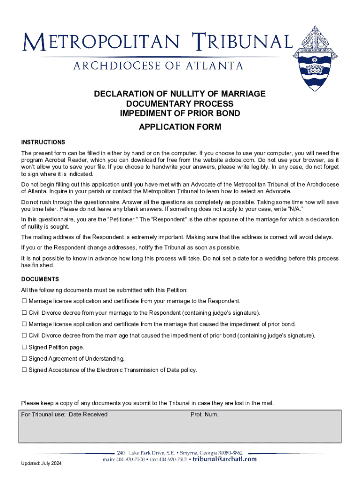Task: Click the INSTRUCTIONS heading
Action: [x=43, y=142]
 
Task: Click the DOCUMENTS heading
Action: [x=40, y=279]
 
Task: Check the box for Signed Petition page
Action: [x=24, y=348]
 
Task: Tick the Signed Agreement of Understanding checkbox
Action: [x=24, y=359]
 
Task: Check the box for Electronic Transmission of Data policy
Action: [x=24, y=370]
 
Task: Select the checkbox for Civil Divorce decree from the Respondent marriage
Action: [x=24, y=313]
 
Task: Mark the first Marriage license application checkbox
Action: [x=24, y=301]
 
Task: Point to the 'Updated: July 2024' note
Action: [x=41, y=464]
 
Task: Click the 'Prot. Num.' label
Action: [x=204, y=414]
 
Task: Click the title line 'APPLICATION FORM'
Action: [x=180, y=127]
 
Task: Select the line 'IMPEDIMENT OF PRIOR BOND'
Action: [x=180, y=113]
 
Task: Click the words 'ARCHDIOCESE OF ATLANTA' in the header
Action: [x=158, y=65]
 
